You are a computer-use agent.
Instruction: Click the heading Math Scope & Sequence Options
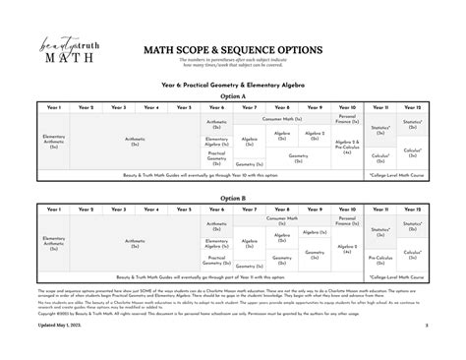point(233,48)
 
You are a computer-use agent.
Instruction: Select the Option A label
point(233,97)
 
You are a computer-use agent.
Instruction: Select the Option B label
point(233,197)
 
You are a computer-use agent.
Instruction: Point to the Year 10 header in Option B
point(347,209)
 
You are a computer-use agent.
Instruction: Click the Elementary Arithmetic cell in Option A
point(53,141)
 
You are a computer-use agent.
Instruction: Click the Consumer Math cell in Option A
point(283,119)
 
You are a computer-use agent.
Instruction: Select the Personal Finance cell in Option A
point(347,118)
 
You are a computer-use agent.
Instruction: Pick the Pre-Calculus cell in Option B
point(379,258)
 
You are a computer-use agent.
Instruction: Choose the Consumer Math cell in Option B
point(282,221)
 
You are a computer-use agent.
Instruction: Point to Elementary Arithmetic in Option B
point(53,242)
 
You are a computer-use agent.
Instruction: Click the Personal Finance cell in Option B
point(347,221)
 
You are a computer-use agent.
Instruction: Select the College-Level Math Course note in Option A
point(395,174)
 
